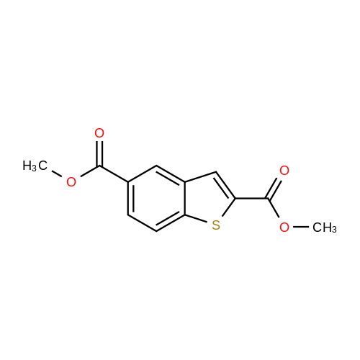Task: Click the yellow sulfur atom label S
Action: pos(216,225)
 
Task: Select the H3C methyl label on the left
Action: pos(35,166)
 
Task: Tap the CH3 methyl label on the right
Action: pos(325,228)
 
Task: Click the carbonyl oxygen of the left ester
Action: pos(99,133)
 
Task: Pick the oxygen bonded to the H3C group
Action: pos(71,182)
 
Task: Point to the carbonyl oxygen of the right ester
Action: pos(284,171)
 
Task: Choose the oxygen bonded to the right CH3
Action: pos(284,227)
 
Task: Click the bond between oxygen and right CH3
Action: pos(301,227)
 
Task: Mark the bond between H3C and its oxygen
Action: pos(57,174)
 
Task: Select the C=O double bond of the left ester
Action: pos(99,153)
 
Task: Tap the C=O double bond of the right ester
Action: pos(274,189)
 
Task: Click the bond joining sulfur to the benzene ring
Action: pos(197,219)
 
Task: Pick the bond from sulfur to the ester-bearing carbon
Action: pos(228,207)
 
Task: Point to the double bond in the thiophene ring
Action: pos(225,185)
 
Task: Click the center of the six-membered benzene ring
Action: pos(156,198)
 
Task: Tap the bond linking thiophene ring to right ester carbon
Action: pos(252,199)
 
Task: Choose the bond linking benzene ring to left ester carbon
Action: pos(114,174)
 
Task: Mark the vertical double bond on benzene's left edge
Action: pos(130,198)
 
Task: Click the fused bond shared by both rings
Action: pos(185,198)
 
